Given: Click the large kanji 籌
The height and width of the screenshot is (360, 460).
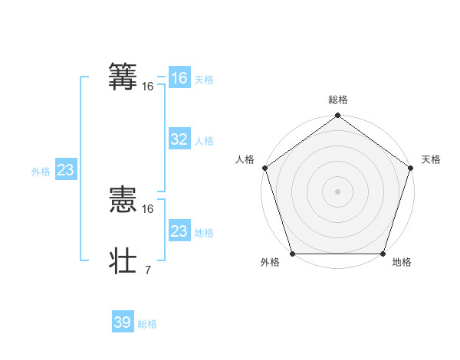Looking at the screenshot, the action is [124, 77].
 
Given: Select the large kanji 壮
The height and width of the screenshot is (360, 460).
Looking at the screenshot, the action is [124, 260].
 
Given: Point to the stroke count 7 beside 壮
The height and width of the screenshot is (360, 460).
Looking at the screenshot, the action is [147, 270].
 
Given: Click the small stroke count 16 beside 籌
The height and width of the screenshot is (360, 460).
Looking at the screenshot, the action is [147, 87].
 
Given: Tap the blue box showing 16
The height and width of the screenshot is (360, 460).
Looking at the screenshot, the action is [179, 78].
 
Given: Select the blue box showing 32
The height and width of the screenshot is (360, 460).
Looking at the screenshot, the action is [179, 139].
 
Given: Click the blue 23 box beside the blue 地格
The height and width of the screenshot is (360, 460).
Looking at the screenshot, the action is [179, 231].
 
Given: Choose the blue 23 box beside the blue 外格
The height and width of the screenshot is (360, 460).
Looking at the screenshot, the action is [65, 170].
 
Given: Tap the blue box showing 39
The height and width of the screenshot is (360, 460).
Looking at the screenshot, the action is [122, 322].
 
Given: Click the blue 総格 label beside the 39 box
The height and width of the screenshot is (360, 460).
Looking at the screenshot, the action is [147, 324].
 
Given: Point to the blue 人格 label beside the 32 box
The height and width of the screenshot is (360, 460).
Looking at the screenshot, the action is [204, 141].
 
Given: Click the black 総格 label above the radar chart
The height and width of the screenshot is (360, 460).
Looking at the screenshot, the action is [337, 100].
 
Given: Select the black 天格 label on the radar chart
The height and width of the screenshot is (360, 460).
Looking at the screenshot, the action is [431, 159].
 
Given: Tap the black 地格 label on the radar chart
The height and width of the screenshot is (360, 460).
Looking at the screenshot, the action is [401, 263].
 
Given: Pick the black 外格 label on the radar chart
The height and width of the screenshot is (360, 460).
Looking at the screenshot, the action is [270, 263].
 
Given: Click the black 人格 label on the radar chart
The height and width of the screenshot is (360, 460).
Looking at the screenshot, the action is [245, 159].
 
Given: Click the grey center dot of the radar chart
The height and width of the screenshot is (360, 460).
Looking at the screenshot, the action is [337, 191].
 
